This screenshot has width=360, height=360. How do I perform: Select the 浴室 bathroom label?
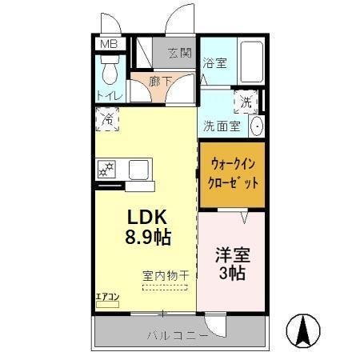214,62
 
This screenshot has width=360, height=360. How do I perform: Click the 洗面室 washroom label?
221,126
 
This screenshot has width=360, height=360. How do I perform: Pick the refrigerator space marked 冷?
106,121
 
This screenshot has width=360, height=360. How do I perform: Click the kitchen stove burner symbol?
106,170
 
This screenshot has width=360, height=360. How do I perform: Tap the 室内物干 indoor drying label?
166,276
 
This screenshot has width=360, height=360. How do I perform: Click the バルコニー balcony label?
177,334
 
